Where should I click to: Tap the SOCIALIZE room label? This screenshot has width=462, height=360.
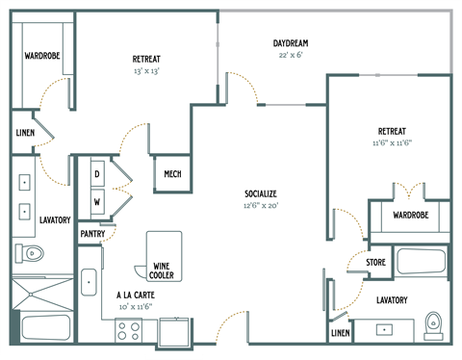261,193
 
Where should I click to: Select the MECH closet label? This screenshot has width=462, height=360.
173,174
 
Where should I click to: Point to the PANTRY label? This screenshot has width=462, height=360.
92,234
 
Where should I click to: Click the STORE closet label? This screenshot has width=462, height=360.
375,262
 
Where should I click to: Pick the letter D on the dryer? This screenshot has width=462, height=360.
97,173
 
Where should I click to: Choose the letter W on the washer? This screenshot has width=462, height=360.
97,201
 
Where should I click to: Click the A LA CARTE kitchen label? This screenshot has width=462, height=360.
136,295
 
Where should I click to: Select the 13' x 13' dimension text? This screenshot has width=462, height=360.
145,71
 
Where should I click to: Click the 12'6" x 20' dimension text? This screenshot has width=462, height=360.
261,205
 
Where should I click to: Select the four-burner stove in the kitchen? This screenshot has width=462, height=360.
128,330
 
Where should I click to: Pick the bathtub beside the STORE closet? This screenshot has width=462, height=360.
420,264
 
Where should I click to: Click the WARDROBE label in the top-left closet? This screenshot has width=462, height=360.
42,56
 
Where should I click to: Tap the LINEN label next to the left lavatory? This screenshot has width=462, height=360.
25,134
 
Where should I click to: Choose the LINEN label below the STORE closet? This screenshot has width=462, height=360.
341,333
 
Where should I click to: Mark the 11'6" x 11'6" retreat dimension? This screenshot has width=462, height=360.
391,142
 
